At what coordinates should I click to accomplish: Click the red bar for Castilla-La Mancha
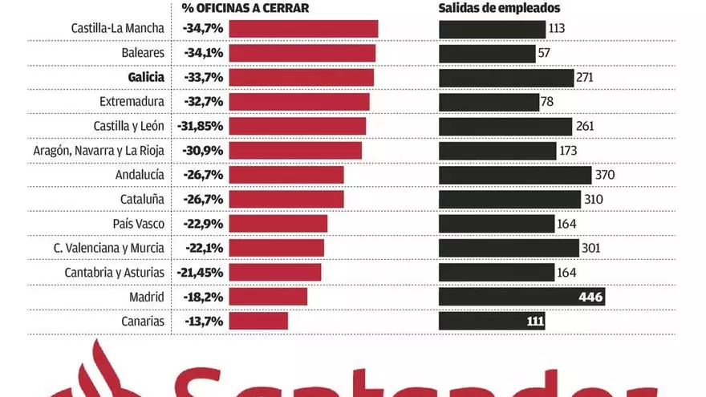coord(303,29)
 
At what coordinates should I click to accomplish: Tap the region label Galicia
coord(145,78)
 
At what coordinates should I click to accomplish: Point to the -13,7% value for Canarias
coord(203,322)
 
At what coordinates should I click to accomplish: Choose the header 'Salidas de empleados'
coord(499,8)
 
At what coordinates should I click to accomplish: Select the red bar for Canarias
coord(258,322)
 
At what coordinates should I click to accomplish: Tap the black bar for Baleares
coord(487,54)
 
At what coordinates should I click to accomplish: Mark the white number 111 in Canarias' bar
coord(534,322)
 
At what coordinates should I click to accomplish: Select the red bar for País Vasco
coord(278,224)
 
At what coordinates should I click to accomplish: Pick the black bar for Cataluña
coord(509,200)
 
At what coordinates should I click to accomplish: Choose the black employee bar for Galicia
coord(505,78)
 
